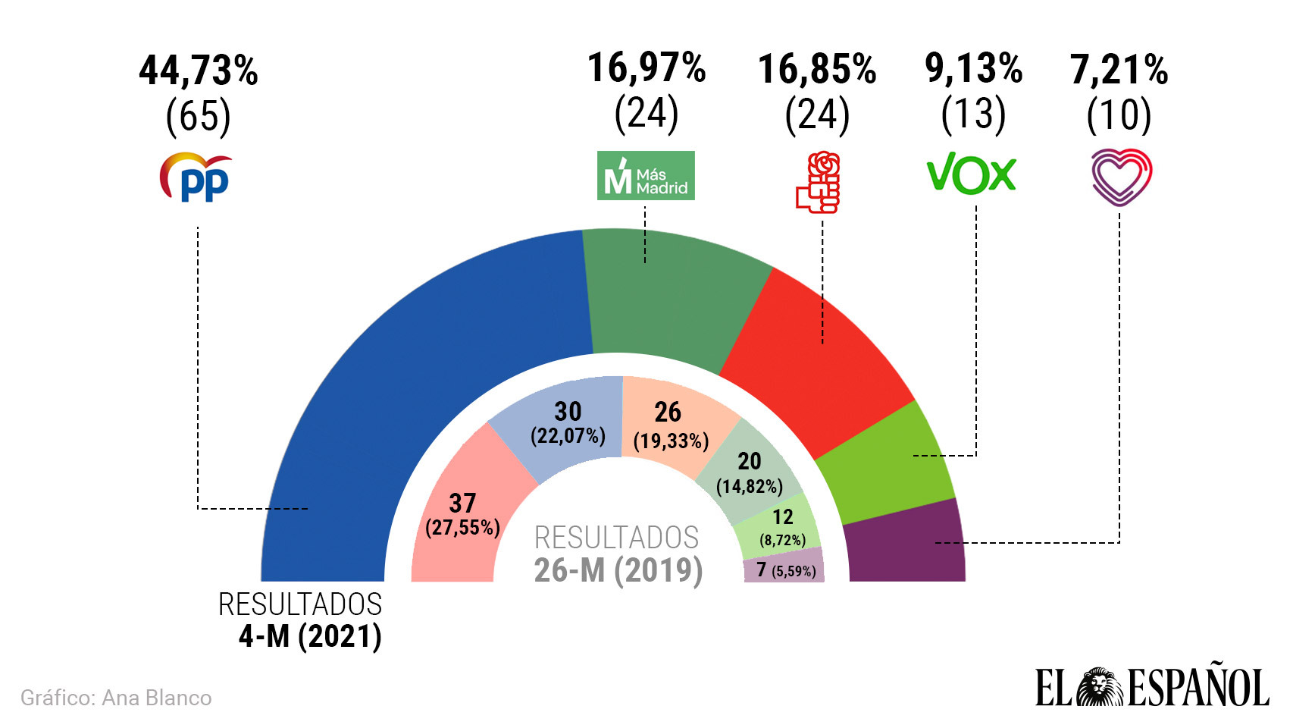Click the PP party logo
click(196, 177)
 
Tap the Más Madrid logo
click(646, 176)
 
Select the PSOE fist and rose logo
click(819, 182)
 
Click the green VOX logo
click(971, 174)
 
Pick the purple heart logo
click(1121, 177)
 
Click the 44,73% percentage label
click(199, 71)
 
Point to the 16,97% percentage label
click(646, 67)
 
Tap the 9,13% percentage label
click(973, 68)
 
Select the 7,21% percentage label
click(1119, 70)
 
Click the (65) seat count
click(199, 117)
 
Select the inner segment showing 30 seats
click(565, 425)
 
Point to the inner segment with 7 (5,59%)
click(784, 570)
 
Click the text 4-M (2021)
click(310, 636)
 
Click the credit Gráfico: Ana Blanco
click(116, 698)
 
